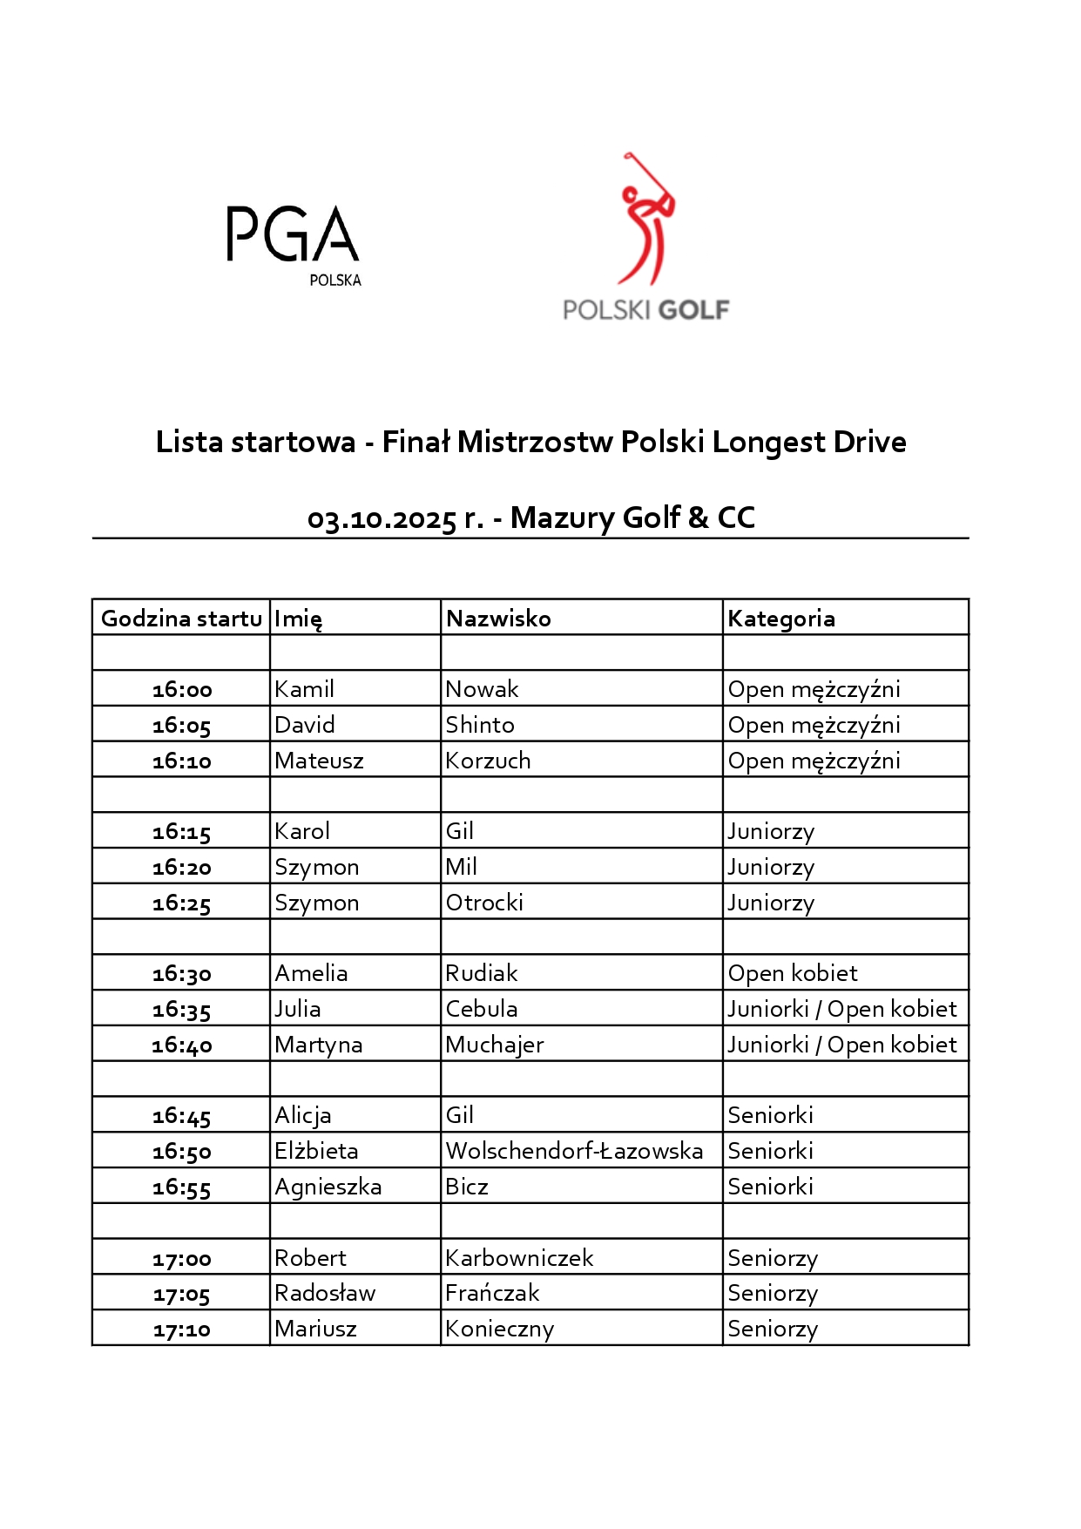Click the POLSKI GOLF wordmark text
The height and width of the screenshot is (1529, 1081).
pos(645,310)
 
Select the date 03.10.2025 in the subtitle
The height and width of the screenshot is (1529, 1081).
pos(382,519)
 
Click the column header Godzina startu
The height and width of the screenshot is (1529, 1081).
pos(181,619)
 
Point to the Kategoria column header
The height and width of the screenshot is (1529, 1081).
pos(781,619)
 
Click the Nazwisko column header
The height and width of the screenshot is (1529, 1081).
pos(498,619)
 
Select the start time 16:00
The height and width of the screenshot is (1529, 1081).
pos(182,690)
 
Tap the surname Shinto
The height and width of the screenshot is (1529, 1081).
pos(480,725)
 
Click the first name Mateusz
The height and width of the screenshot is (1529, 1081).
pos(319,761)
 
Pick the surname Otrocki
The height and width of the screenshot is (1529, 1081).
pos(484,903)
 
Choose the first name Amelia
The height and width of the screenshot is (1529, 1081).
pos(311,973)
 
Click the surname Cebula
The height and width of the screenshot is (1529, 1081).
pos(482,1009)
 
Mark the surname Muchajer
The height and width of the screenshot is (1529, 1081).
pos(495,1045)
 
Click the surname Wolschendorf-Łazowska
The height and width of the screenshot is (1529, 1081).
pos(574,1151)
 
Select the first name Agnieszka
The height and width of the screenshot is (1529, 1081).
pos(328,1187)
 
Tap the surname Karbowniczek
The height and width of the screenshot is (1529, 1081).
pos(519,1258)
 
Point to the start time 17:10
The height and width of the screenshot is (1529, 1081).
pos(182,1329)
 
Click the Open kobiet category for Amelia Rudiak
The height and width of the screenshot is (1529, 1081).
pos(793,973)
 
